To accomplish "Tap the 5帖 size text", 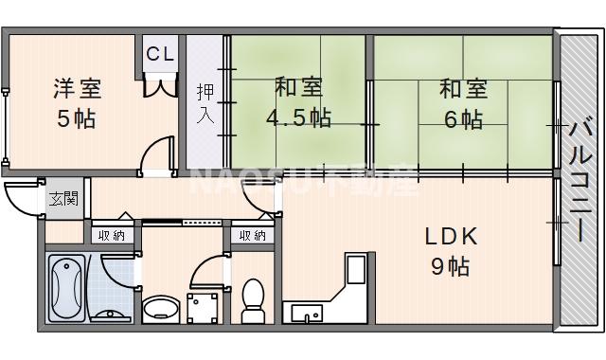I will coord(76,120).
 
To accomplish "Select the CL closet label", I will coord(160,54).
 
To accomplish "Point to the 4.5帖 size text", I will coord(298,118).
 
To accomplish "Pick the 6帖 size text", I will coord(462,119).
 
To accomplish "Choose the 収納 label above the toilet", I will coord(252,235).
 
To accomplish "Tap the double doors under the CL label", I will coord(160,86).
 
